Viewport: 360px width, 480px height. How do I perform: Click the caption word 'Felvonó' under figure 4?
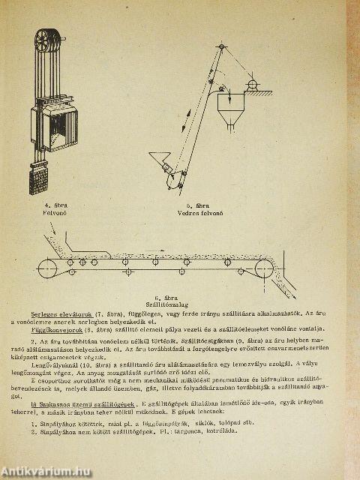(57, 212)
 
